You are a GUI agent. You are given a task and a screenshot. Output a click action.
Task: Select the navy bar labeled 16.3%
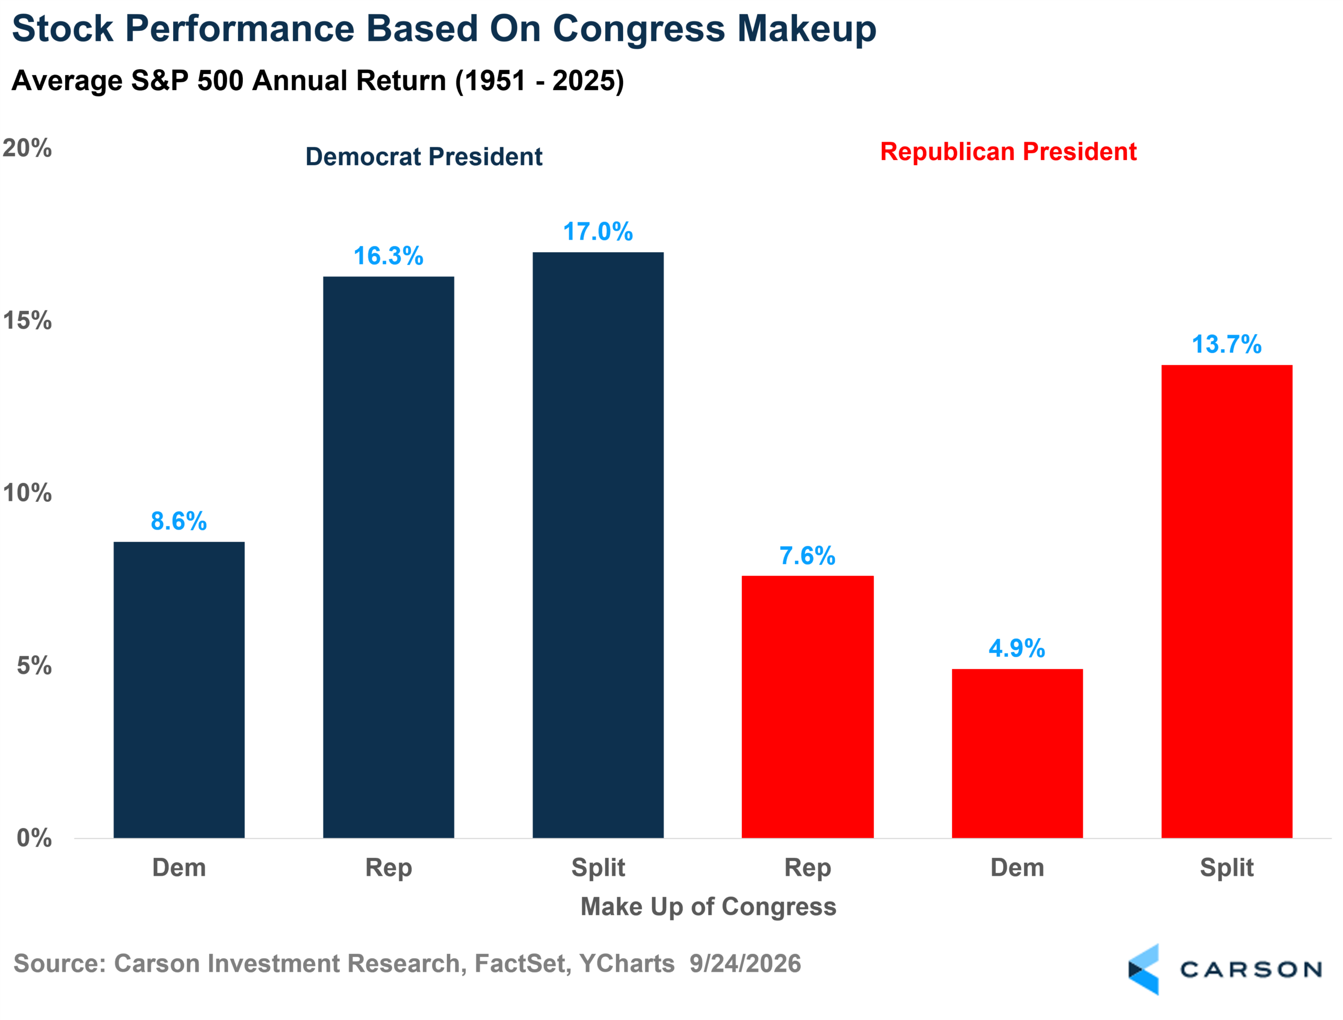pos(388,557)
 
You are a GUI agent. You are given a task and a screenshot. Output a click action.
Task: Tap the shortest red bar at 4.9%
pos(1017,754)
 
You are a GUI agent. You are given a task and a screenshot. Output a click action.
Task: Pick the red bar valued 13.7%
pos(1227,601)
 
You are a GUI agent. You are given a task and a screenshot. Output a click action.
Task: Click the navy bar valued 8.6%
pos(179,690)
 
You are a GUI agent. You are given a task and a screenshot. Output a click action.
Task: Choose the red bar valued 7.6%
pos(807,707)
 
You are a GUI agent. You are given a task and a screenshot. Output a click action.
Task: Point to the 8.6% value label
pos(178,521)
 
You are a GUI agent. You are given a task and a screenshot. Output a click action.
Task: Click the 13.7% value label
pos(1227,344)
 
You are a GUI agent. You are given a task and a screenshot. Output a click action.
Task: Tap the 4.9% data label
pos(1017,648)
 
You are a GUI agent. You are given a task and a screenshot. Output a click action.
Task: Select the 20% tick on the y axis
pos(27,147)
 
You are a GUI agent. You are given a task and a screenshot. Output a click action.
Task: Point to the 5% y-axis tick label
pos(34,665)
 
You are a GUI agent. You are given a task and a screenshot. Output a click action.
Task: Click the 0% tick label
pos(34,838)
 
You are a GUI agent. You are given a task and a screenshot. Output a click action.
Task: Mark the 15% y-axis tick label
pos(27,320)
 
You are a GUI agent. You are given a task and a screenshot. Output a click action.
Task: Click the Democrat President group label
pos(423,157)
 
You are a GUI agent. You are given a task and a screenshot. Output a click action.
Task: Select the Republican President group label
pos(1008,151)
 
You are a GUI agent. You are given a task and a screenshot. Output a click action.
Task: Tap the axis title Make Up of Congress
pos(708,907)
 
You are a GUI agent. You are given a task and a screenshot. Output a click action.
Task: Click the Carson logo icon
pos(1143,969)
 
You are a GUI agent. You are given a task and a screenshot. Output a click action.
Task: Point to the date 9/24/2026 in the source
pos(745,963)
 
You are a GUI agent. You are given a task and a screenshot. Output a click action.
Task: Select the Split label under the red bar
pos(1227,867)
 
